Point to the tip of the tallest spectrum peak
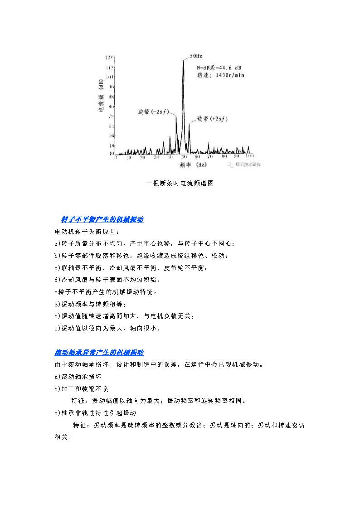click(183, 61)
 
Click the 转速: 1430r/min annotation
click(220, 75)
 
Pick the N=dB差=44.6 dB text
click(219, 68)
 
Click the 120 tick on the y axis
click(109, 58)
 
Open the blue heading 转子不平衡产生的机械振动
click(102, 219)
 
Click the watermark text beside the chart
click(248, 164)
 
